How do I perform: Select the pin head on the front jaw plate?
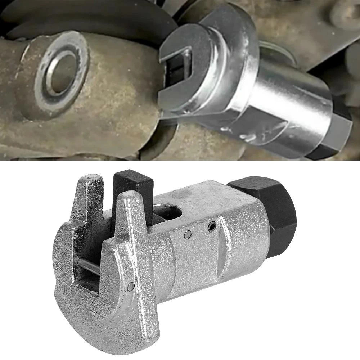(131, 286)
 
